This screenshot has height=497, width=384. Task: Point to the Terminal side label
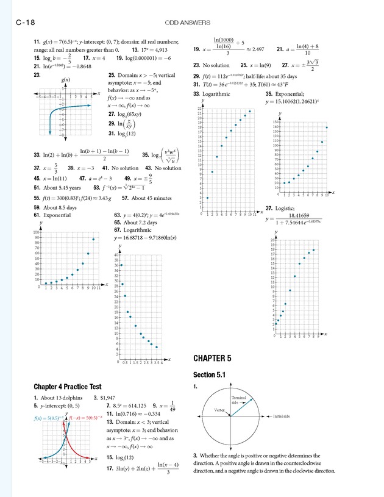240,399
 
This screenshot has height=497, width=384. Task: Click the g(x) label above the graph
66,80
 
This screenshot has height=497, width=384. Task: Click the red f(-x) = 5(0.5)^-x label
83,418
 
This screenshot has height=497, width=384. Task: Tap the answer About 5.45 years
62,188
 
